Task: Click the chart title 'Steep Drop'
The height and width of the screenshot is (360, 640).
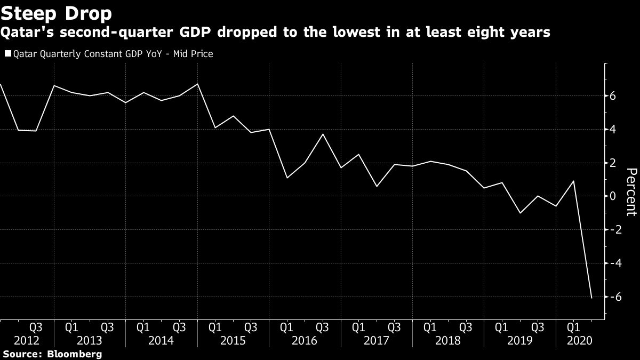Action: click(x=56, y=12)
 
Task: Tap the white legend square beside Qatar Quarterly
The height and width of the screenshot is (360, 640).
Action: click(x=7, y=54)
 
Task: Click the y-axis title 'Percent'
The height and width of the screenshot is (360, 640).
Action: click(x=631, y=191)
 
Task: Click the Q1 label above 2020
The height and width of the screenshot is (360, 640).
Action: click(x=573, y=326)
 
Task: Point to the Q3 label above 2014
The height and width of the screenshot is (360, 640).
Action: click(x=179, y=326)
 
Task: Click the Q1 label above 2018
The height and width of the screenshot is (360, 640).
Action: click(x=430, y=326)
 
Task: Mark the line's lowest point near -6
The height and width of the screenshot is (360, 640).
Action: click(x=591, y=298)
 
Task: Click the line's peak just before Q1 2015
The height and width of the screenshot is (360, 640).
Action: click(x=197, y=84)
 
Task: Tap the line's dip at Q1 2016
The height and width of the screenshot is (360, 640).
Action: click(x=287, y=178)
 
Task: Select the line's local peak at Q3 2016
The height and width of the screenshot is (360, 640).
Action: click(x=323, y=134)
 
